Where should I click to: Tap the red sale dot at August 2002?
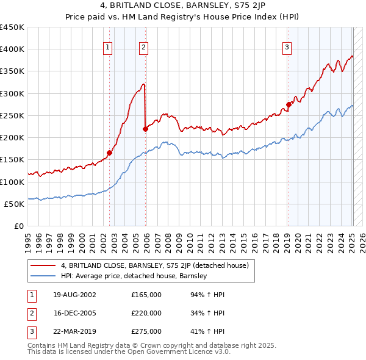(110, 153)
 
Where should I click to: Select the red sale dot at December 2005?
(145, 129)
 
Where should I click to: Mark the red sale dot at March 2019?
(289, 104)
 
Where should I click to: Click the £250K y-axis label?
(12, 115)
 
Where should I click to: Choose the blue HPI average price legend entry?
(134, 276)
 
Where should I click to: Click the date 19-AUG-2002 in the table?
(74, 294)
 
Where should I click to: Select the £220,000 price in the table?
(146, 313)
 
